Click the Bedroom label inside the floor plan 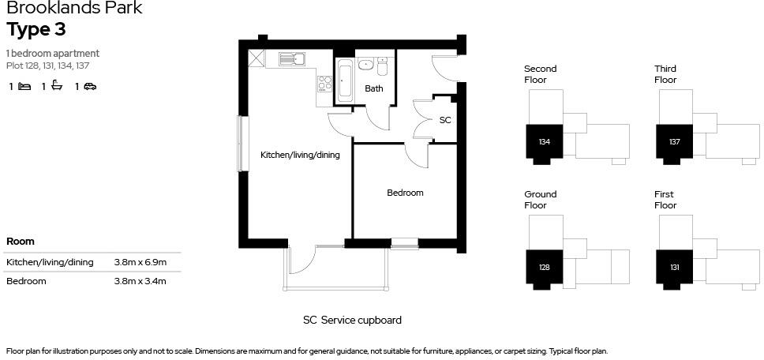[x=405, y=193]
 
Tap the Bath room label [x=373, y=88]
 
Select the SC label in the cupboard [x=445, y=121]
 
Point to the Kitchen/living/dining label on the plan [x=300, y=156]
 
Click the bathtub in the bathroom [x=344, y=81]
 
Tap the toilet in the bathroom [x=382, y=66]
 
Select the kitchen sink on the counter [x=291, y=58]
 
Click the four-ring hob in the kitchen [x=324, y=84]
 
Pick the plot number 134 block [x=544, y=142]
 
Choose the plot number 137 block [x=674, y=142]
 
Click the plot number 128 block [x=544, y=267]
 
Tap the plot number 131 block [x=674, y=267]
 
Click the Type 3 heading [x=36, y=30]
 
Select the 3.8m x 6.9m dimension [x=140, y=262]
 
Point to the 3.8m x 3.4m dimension [x=140, y=281]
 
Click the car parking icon [x=90, y=87]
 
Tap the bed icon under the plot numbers [x=24, y=87]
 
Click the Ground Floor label [x=541, y=200]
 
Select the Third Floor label [x=665, y=74]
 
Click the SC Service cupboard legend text [x=352, y=321]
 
